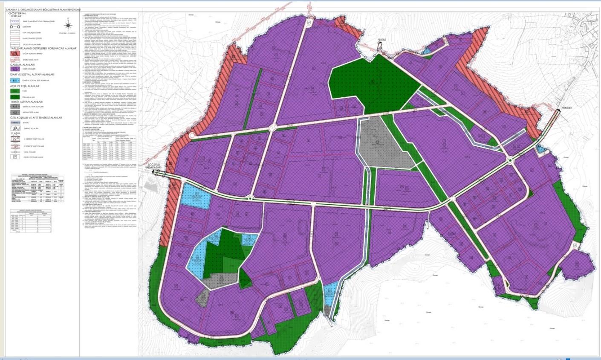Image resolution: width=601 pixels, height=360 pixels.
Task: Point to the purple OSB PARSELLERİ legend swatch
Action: click(x=15, y=69)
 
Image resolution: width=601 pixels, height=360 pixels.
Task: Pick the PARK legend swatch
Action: click(x=15, y=91)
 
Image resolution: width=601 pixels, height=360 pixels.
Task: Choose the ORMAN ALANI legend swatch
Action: click(x=15, y=97)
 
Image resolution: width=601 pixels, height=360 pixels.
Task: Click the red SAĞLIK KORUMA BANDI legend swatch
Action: click(x=15, y=54)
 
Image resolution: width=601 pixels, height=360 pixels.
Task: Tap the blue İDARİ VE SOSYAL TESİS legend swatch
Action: click(x=15, y=80)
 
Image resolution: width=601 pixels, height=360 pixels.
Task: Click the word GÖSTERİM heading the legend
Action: click(x=17, y=14)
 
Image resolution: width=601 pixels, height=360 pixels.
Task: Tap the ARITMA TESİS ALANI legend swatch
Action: click(x=15, y=112)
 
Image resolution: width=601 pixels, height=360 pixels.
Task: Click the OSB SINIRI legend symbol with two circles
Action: click(x=15, y=26)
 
